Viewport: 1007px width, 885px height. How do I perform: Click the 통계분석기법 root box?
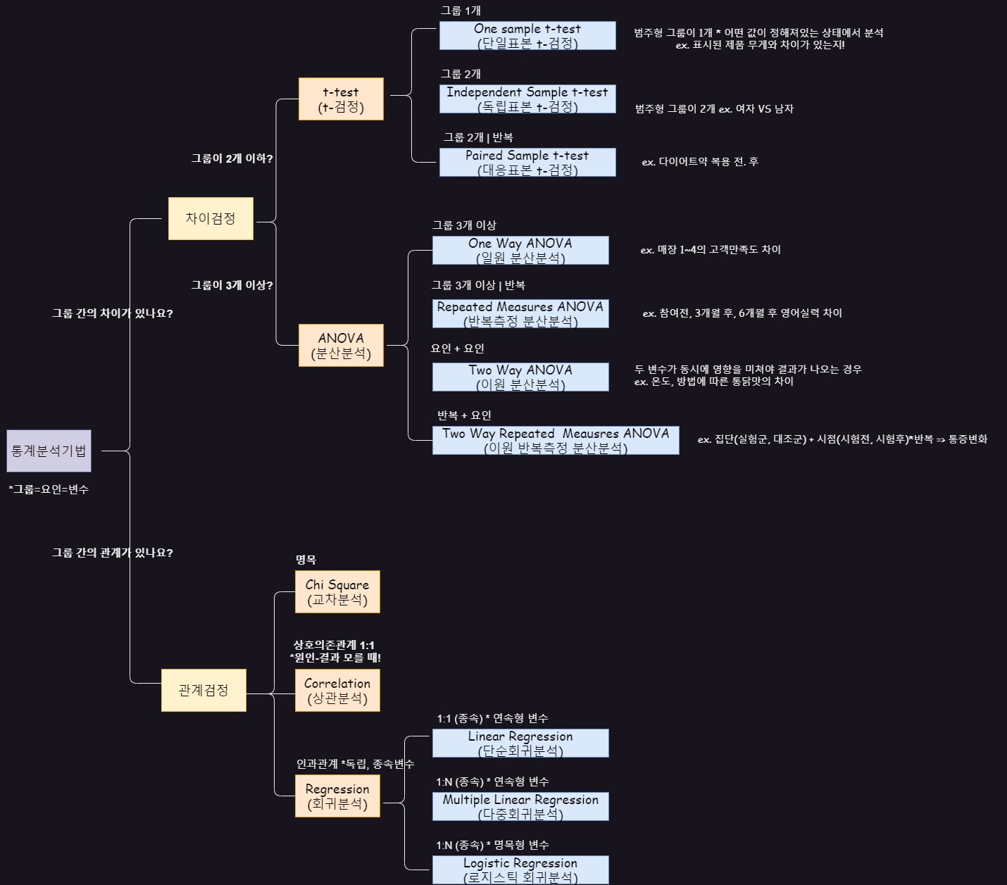[49, 451]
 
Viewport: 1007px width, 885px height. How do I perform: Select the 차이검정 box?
[211, 218]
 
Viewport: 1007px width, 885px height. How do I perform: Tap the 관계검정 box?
[204, 690]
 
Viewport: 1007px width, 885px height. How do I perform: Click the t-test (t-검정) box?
[341, 99]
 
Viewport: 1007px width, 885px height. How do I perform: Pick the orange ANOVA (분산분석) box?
[341, 345]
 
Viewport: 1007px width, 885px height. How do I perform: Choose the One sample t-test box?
[527, 35]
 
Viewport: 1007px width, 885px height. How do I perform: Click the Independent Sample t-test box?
[527, 99]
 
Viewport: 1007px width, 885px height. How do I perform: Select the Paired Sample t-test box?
[527, 162]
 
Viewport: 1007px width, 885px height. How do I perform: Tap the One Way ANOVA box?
[520, 250]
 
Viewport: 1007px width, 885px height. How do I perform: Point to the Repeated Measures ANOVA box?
[520, 313]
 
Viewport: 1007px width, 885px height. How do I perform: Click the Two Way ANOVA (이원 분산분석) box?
[520, 377]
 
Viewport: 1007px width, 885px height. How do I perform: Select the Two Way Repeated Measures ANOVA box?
[556, 440]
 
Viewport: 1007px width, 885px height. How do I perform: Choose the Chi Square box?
[337, 591]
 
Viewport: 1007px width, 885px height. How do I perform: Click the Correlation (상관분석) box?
[337, 690]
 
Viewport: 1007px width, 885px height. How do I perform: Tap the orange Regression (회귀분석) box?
[337, 796]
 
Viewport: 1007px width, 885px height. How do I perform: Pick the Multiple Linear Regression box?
[520, 806]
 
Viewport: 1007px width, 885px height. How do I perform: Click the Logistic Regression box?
[520, 870]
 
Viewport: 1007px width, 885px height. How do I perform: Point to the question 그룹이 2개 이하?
[232, 158]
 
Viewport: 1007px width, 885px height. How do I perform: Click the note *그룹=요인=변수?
[49, 489]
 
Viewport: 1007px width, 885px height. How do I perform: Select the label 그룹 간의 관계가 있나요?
[112, 553]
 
